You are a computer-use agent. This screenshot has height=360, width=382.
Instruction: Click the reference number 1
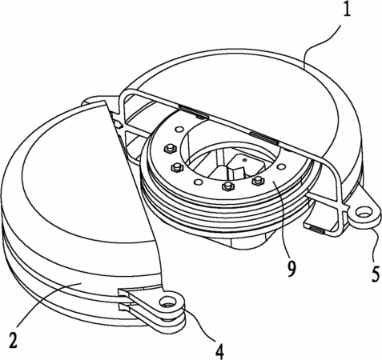pyautogui.click(x=346, y=9)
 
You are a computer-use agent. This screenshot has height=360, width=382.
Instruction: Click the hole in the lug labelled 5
pyautogui.click(x=363, y=213)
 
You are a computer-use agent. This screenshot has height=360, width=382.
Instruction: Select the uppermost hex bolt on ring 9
pyautogui.click(x=169, y=149)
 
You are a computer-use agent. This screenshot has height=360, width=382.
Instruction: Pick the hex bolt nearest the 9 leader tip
pyautogui.click(x=258, y=181)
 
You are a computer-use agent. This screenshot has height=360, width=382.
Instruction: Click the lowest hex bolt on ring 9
pyautogui.click(x=227, y=186)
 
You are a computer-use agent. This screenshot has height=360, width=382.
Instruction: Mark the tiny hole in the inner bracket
pyautogui.click(x=244, y=160)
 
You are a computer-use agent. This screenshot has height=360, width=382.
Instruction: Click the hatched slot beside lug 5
pyautogui.click(x=316, y=230)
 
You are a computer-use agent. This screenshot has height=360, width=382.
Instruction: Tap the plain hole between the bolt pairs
pyautogui.click(x=199, y=182)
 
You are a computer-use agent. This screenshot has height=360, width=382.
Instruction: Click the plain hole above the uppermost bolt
pyautogui.click(x=178, y=130)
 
